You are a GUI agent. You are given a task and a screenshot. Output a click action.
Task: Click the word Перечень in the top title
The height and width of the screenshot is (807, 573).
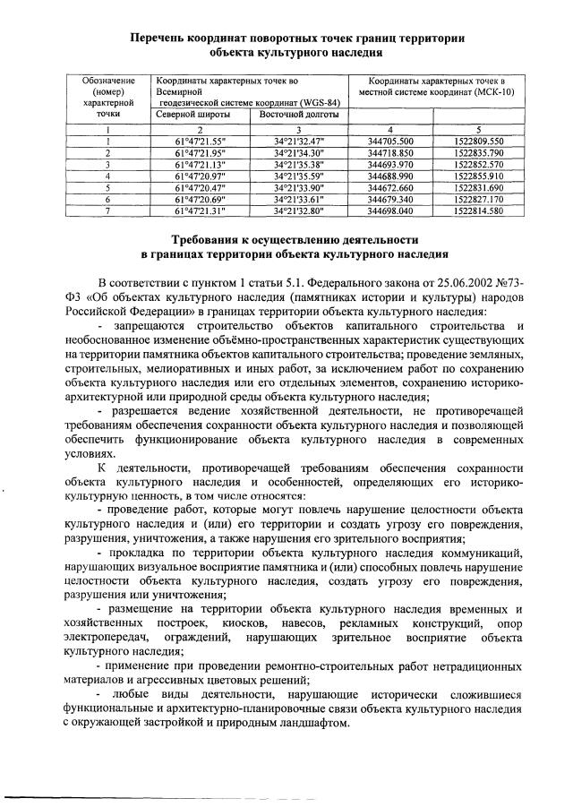click(159, 39)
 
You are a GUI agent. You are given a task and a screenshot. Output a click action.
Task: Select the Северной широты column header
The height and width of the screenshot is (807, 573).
click(192, 116)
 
